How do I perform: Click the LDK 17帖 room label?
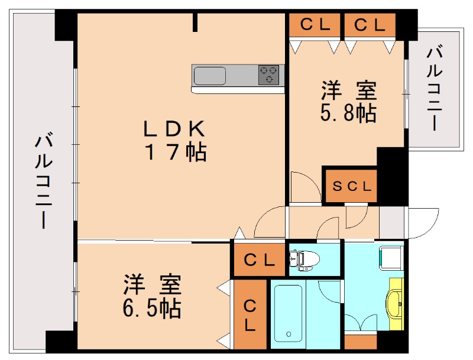click(176, 140)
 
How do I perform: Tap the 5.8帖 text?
click(349, 112)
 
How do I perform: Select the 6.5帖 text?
click(153, 307)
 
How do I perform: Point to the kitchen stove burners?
click(269, 75)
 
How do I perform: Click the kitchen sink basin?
click(210, 76)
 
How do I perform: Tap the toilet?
click(304, 258)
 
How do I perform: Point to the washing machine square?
click(391, 258)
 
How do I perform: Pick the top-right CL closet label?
click(370, 25)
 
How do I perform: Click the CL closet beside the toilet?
click(258, 260)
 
